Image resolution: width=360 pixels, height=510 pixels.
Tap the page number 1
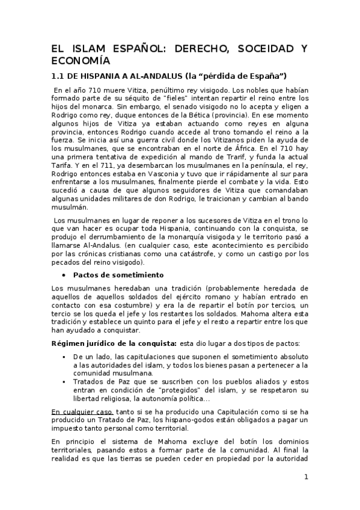click(306, 477)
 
